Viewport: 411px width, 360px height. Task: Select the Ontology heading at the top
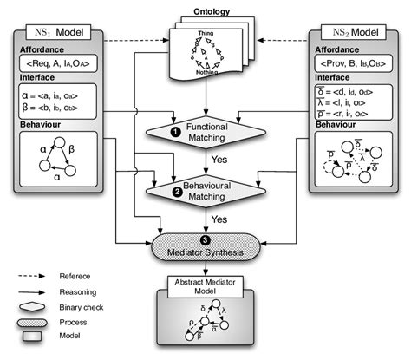tap(206, 16)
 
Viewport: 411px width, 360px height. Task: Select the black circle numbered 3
tap(205, 236)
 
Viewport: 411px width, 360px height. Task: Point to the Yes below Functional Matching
tap(220, 160)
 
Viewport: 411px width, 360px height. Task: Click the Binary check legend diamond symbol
tap(32, 306)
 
